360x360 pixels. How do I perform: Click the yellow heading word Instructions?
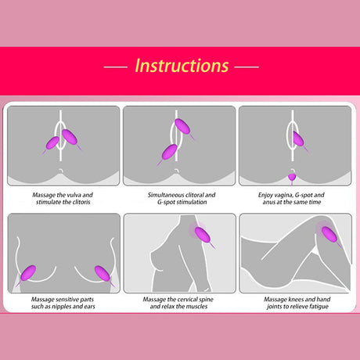coord(182,66)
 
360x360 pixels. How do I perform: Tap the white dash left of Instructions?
coord(116,67)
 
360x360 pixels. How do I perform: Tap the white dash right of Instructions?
coord(247,67)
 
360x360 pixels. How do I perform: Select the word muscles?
coord(196,306)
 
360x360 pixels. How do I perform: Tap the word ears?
coord(89,307)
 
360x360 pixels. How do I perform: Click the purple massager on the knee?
coord(329,235)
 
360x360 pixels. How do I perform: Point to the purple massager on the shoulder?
coord(203,235)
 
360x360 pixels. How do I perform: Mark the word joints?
coord(274,307)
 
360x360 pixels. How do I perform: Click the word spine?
coord(206,300)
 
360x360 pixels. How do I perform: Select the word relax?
coord(168,306)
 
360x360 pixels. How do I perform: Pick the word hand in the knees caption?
coord(325,299)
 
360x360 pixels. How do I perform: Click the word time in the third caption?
coord(315,202)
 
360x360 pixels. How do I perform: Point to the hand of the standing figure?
coord(207,288)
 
